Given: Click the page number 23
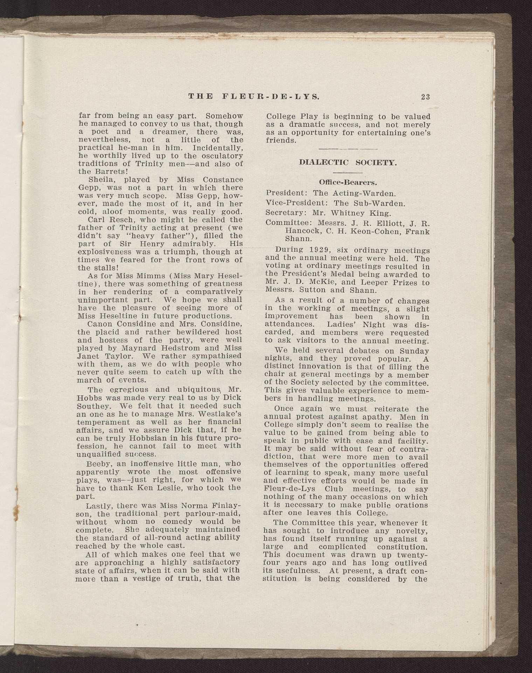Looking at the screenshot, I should coord(425,97).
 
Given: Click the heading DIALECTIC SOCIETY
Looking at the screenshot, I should coord(347,163).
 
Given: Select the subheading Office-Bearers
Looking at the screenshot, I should coord(347,182).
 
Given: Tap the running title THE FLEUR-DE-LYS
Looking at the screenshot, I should coord(254,97).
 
